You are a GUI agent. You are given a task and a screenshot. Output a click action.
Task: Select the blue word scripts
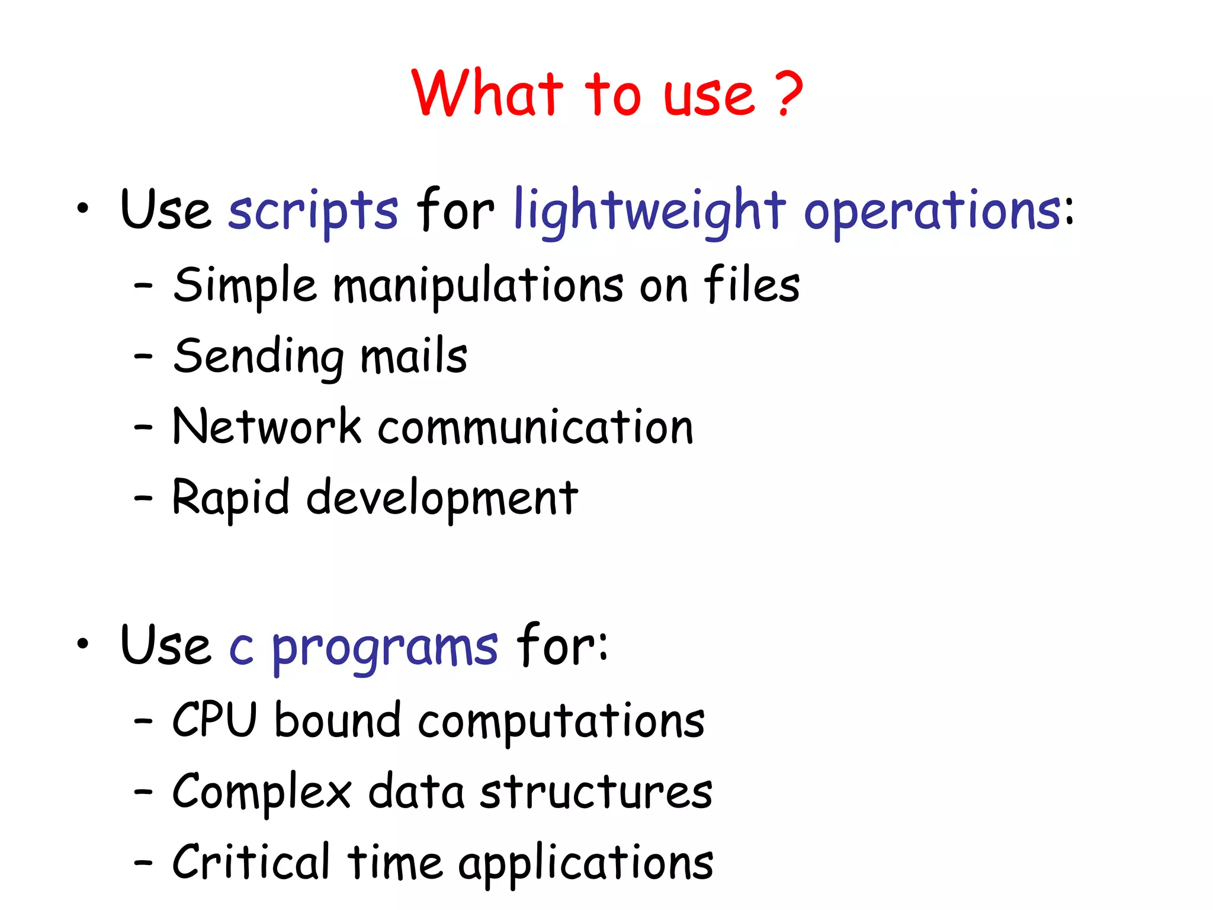click(x=313, y=211)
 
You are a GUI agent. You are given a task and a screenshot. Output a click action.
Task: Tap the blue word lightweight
click(x=649, y=211)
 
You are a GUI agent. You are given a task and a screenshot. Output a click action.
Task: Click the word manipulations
click(x=478, y=286)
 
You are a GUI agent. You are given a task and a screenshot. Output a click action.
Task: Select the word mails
click(x=414, y=357)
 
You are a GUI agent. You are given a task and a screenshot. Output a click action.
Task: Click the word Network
click(x=267, y=427)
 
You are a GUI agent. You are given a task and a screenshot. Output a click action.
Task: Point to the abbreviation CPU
click(x=214, y=720)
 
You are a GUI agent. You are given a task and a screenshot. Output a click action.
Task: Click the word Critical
click(x=251, y=863)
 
